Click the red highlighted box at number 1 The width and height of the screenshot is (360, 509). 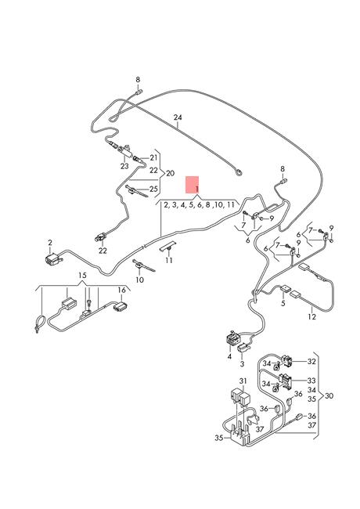[192, 185]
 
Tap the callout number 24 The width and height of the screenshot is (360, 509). [178, 117]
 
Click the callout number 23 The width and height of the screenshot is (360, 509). [124, 167]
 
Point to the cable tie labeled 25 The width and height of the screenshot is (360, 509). [136, 191]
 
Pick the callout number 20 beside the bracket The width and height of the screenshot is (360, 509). [171, 173]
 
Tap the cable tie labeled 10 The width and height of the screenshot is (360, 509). [143, 266]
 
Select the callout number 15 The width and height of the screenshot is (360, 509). [82, 276]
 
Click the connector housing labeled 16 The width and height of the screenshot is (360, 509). [121, 305]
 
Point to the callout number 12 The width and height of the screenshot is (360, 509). [311, 316]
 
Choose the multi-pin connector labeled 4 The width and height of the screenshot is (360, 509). [233, 340]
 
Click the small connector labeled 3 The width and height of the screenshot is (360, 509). [244, 348]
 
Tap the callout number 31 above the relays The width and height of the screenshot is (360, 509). [243, 381]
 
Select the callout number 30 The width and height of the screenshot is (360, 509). [329, 395]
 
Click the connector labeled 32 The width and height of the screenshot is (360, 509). [286, 360]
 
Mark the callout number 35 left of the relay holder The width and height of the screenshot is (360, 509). [219, 438]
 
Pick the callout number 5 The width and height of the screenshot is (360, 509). [283, 304]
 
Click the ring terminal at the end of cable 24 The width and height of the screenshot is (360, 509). [239, 172]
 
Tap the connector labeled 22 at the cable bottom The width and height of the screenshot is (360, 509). [101, 237]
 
